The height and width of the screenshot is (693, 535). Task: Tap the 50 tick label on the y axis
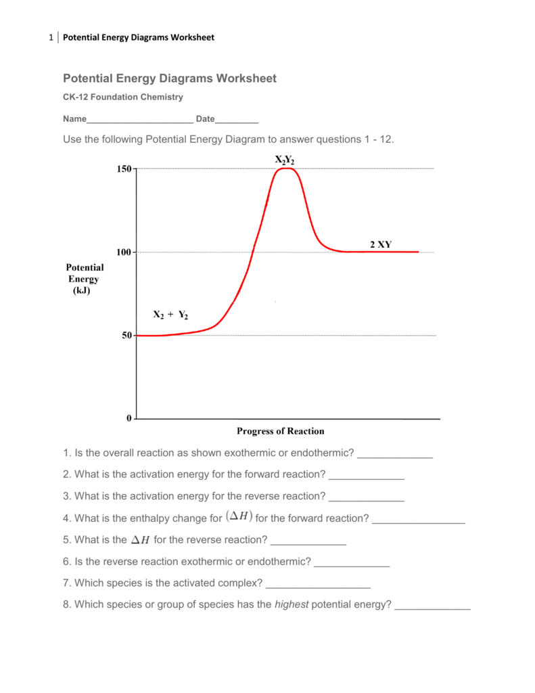pos(126,336)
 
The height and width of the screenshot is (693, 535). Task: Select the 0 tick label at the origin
pos(129,419)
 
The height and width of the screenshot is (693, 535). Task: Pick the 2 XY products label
pos(380,244)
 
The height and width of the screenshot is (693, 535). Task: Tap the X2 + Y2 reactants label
pos(170,315)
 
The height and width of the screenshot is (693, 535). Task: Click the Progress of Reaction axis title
pos(280,431)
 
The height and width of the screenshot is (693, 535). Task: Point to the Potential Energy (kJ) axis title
pos(85,279)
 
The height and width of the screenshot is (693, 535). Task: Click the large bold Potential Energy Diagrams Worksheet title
pos(170,79)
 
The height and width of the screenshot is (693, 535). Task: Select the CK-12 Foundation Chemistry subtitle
pos(123,97)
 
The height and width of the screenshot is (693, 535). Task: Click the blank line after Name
pos(140,120)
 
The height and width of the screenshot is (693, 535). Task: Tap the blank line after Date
pos(237,120)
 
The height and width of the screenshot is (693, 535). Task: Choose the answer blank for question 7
pos(319,584)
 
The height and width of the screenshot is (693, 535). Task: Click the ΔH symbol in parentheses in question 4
pos(239,517)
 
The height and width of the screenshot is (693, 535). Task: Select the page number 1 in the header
pos(51,37)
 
